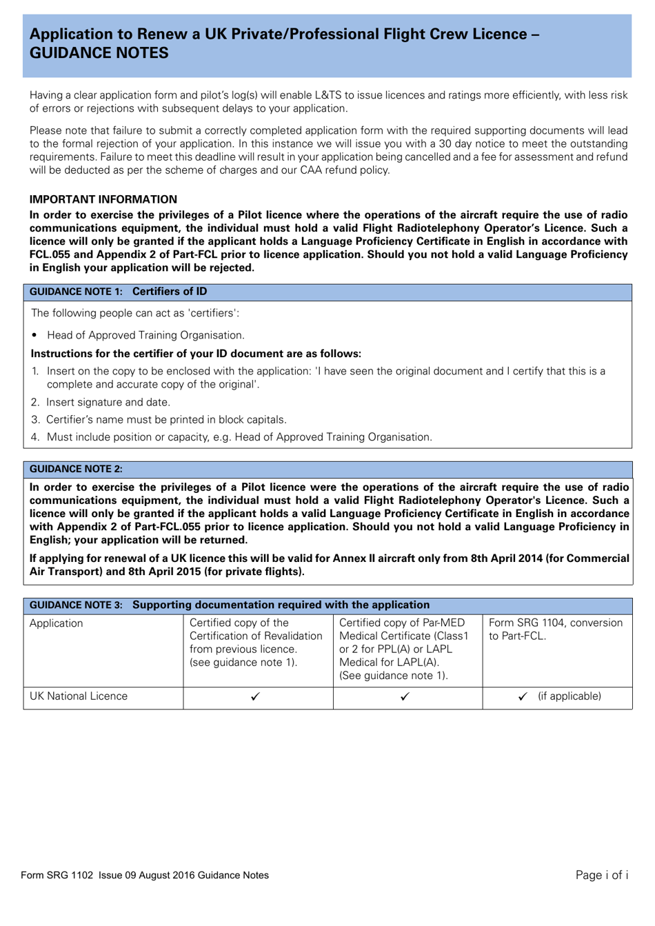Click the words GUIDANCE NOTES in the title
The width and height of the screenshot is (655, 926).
click(x=99, y=53)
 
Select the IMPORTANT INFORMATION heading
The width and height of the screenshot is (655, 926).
click(x=103, y=199)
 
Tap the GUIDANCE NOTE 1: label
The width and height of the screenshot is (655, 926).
click(x=76, y=292)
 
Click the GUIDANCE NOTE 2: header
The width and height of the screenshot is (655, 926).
click(x=76, y=469)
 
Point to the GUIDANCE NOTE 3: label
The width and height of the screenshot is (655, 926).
click(x=76, y=605)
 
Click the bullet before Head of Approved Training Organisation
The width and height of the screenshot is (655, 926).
click(x=34, y=336)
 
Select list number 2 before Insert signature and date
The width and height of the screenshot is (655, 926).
click(x=35, y=402)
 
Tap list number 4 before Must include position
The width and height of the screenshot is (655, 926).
click(x=35, y=437)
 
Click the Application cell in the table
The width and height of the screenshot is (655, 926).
click(x=57, y=623)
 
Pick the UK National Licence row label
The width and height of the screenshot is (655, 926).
click(x=79, y=696)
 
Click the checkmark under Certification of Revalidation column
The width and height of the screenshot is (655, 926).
click(x=256, y=696)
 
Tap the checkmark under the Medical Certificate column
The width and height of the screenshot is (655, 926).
click(x=405, y=696)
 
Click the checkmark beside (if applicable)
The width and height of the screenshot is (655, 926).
click(x=523, y=696)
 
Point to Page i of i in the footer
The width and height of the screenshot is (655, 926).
click(x=601, y=875)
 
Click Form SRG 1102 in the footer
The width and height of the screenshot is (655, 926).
click(x=57, y=876)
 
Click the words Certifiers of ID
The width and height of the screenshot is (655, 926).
click(x=170, y=292)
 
